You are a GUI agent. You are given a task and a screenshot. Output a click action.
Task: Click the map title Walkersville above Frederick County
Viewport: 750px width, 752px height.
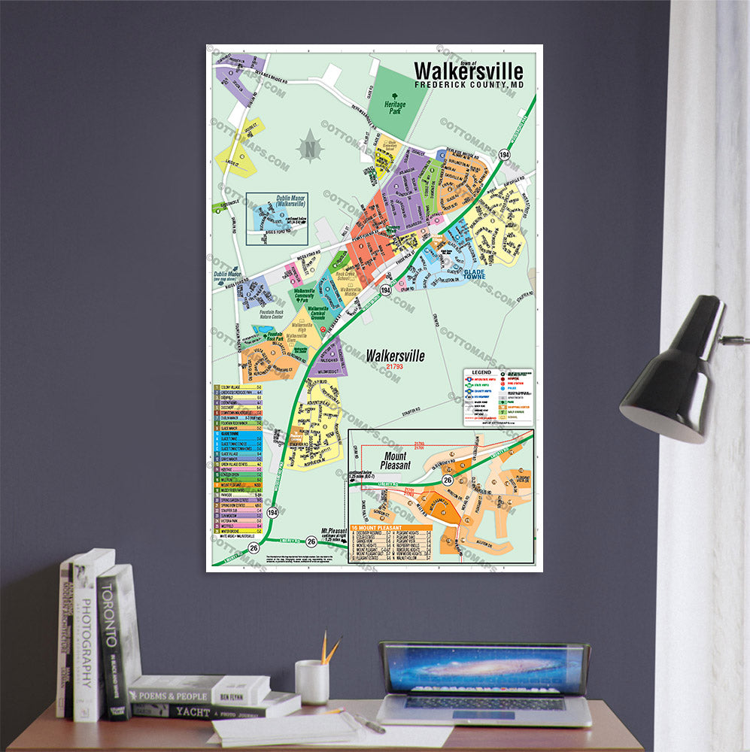(x=468, y=71)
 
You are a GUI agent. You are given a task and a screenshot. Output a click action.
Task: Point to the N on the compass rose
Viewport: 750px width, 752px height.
(x=309, y=148)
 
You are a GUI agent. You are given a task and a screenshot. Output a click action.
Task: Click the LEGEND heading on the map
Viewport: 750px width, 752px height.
(x=481, y=373)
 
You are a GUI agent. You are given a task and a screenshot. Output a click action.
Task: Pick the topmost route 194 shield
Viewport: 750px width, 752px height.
(x=504, y=155)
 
